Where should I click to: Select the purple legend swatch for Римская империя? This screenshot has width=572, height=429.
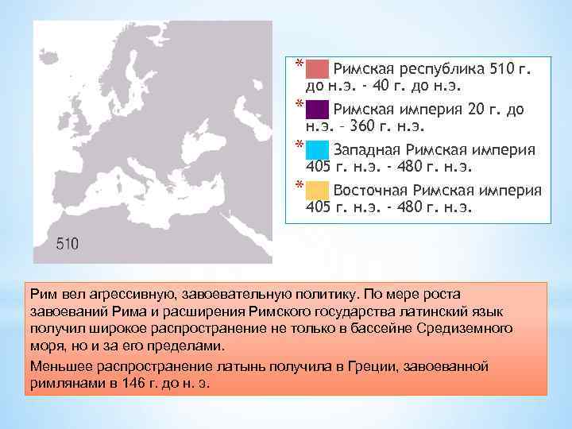[317, 108]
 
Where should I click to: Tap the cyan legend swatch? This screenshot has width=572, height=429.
[317, 149]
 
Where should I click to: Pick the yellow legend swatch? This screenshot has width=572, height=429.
[317, 190]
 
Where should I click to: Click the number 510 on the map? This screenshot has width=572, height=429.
[68, 244]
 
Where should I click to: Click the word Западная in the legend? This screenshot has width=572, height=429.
[366, 149]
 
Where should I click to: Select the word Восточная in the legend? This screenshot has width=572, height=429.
[371, 191]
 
